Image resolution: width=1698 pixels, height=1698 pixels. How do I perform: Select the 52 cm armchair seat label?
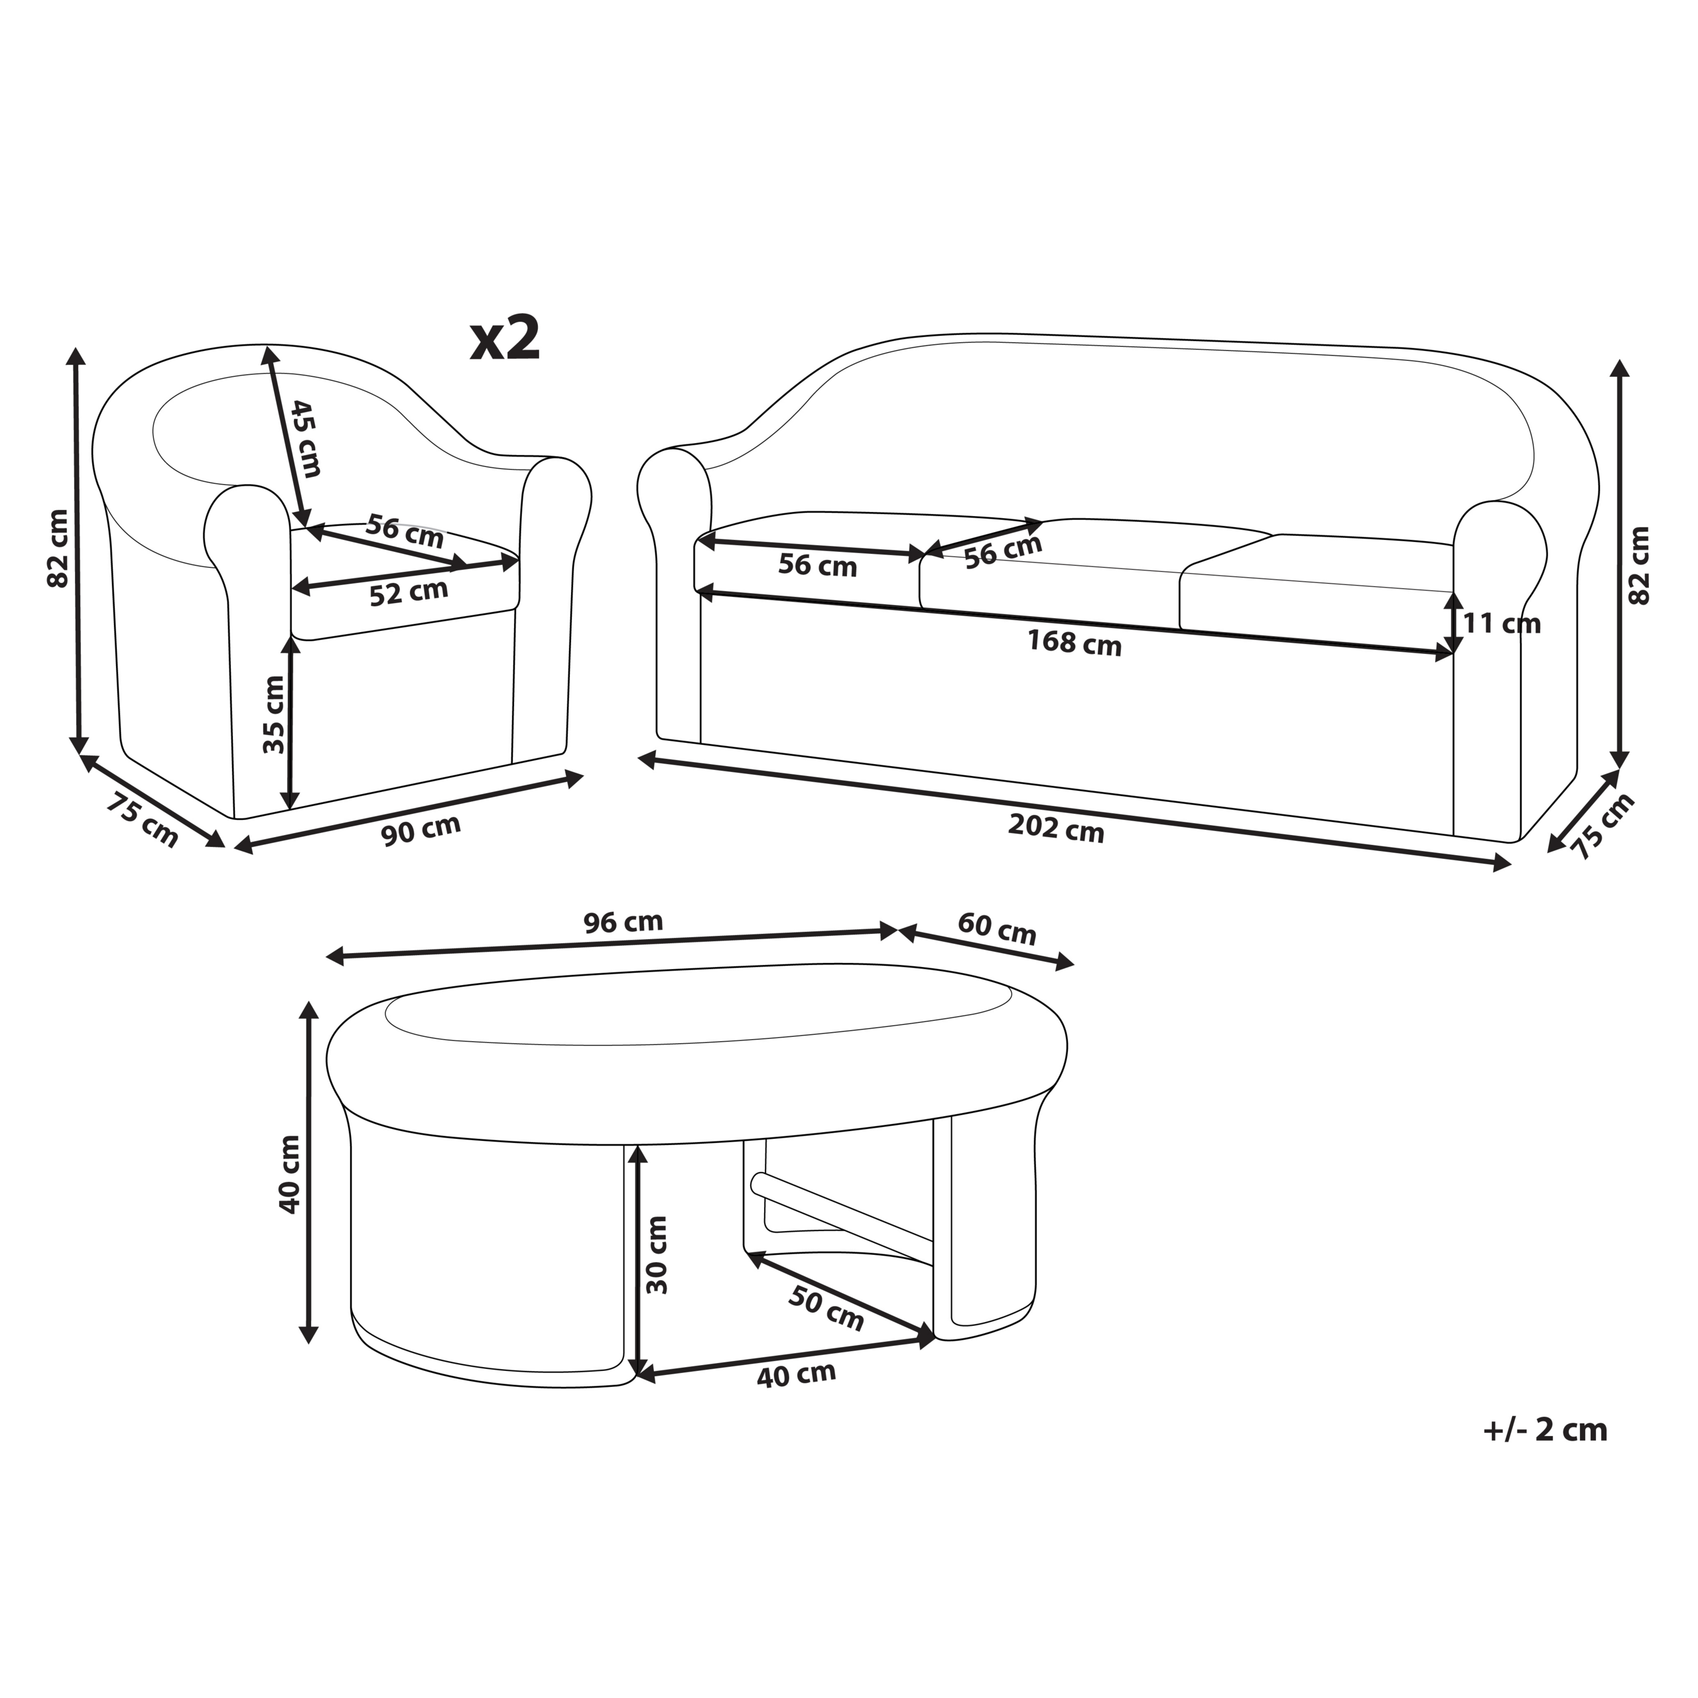pyautogui.click(x=409, y=592)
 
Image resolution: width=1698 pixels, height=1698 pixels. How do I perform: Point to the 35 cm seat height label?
pyautogui.click(x=274, y=714)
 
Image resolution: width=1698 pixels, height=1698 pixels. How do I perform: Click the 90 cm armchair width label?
pyautogui.click(x=421, y=830)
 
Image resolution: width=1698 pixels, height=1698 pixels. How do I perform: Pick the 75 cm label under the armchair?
pyautogui.click(x=143, y=820)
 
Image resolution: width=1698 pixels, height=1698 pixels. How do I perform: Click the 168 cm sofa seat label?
pyautogui.click(x=1075, y=643)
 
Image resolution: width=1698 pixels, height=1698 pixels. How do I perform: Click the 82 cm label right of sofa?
pyautogui.click(x=1638, y=565)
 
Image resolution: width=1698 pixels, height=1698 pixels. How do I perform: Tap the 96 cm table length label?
pyautogui.click(x=623, y=922)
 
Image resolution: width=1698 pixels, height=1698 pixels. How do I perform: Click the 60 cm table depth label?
pyautogui.click(x=997, y=929)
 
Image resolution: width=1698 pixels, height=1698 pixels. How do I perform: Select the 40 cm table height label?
pyautogui.click(x=289, y=1174)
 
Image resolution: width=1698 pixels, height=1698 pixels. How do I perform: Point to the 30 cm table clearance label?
pyautogui.click(x=657, y=1255)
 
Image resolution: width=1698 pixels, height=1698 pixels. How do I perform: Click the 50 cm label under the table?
pyautogui.click(x=825, y=1309)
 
